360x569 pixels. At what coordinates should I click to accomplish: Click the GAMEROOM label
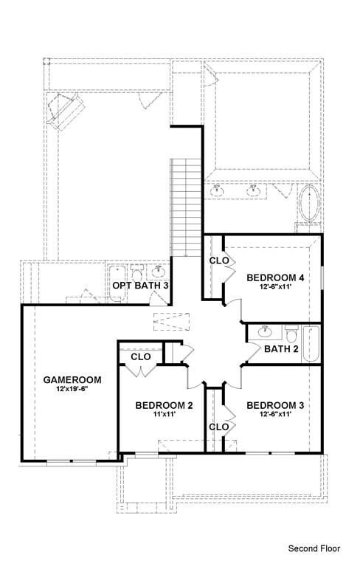point(72,379)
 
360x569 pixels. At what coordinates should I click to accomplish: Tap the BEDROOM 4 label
point(275,277)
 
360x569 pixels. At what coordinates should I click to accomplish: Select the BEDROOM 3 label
point(275,405)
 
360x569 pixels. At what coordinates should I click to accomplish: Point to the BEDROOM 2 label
point(165,405)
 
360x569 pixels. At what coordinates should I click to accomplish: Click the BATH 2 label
point(281,349)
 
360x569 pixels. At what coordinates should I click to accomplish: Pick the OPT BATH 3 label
point(140,285)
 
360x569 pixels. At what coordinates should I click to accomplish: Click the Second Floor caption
point(314,548)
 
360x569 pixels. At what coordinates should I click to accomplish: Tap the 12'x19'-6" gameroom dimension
point(72,389)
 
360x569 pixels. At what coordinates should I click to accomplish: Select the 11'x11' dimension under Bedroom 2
point(165,415)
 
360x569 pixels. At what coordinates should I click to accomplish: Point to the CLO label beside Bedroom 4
point(219,261)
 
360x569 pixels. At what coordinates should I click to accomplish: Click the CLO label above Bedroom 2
point(141,357)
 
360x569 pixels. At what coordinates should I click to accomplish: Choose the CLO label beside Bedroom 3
point(218,427)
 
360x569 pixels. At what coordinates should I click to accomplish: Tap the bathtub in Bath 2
point(311,344)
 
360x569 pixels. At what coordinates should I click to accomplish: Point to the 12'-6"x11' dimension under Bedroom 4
point(275,287)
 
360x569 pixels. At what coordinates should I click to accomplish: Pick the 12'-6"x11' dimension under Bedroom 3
point(275,415)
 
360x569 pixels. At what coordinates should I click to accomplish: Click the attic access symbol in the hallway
point(166,323)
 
